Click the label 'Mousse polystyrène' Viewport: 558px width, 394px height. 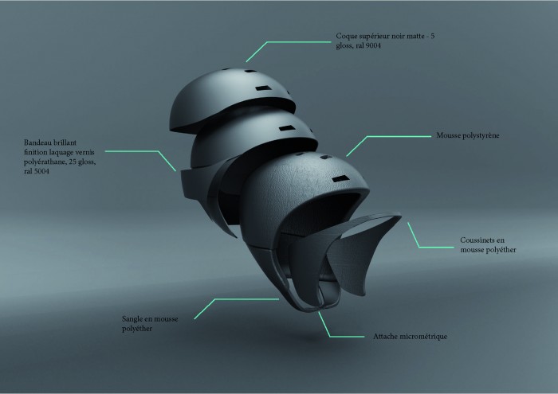pyautogui.click(x=468, y=135)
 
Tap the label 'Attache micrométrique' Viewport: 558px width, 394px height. pyautogui.click(x=410, y=337)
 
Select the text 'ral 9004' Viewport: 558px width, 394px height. pyautogui.click(x=368, y=45)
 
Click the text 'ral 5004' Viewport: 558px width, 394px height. pyautogui.click(x=37, y=171)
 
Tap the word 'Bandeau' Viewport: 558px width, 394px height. pyautogui.click(x=37, y=142)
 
